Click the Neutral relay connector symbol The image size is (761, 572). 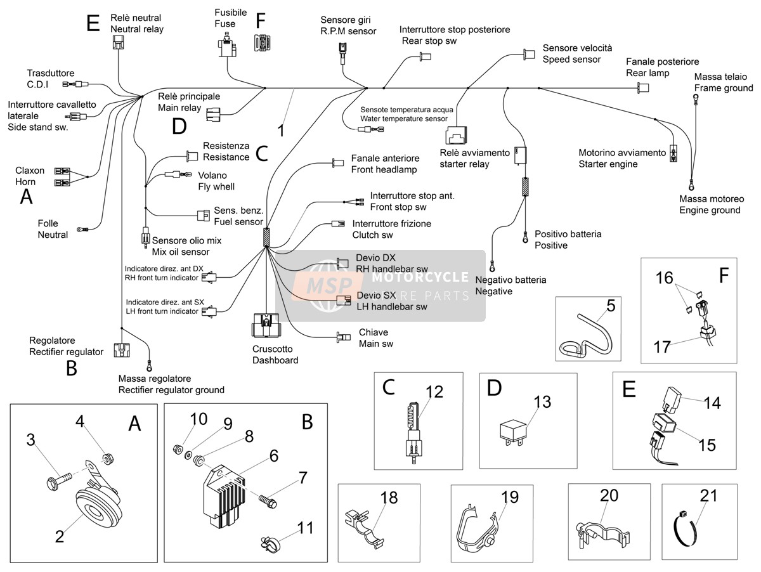[118, 42]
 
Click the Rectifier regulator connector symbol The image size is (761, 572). [122, 350]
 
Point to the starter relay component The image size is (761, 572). [456, 135]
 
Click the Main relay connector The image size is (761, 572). [213, 114]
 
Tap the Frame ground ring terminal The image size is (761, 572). [695, 99]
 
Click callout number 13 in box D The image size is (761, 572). [542, 402]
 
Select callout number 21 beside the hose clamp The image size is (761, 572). [708, 496]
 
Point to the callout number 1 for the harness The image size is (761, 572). [281, 131]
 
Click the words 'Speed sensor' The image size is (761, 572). [571, 60]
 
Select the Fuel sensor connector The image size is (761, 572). [204, 216]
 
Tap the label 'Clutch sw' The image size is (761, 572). [372, 235]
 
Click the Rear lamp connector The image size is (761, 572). [643, 88]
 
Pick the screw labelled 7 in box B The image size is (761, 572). [268, 500]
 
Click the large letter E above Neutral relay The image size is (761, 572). [93, 23]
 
